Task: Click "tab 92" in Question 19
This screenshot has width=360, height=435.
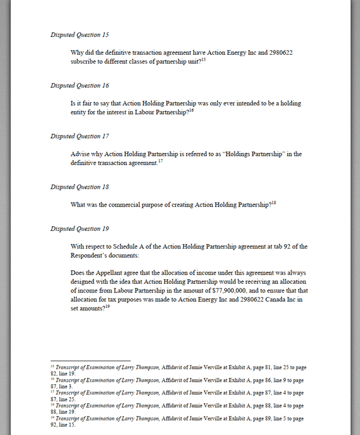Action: coord(270,246)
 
